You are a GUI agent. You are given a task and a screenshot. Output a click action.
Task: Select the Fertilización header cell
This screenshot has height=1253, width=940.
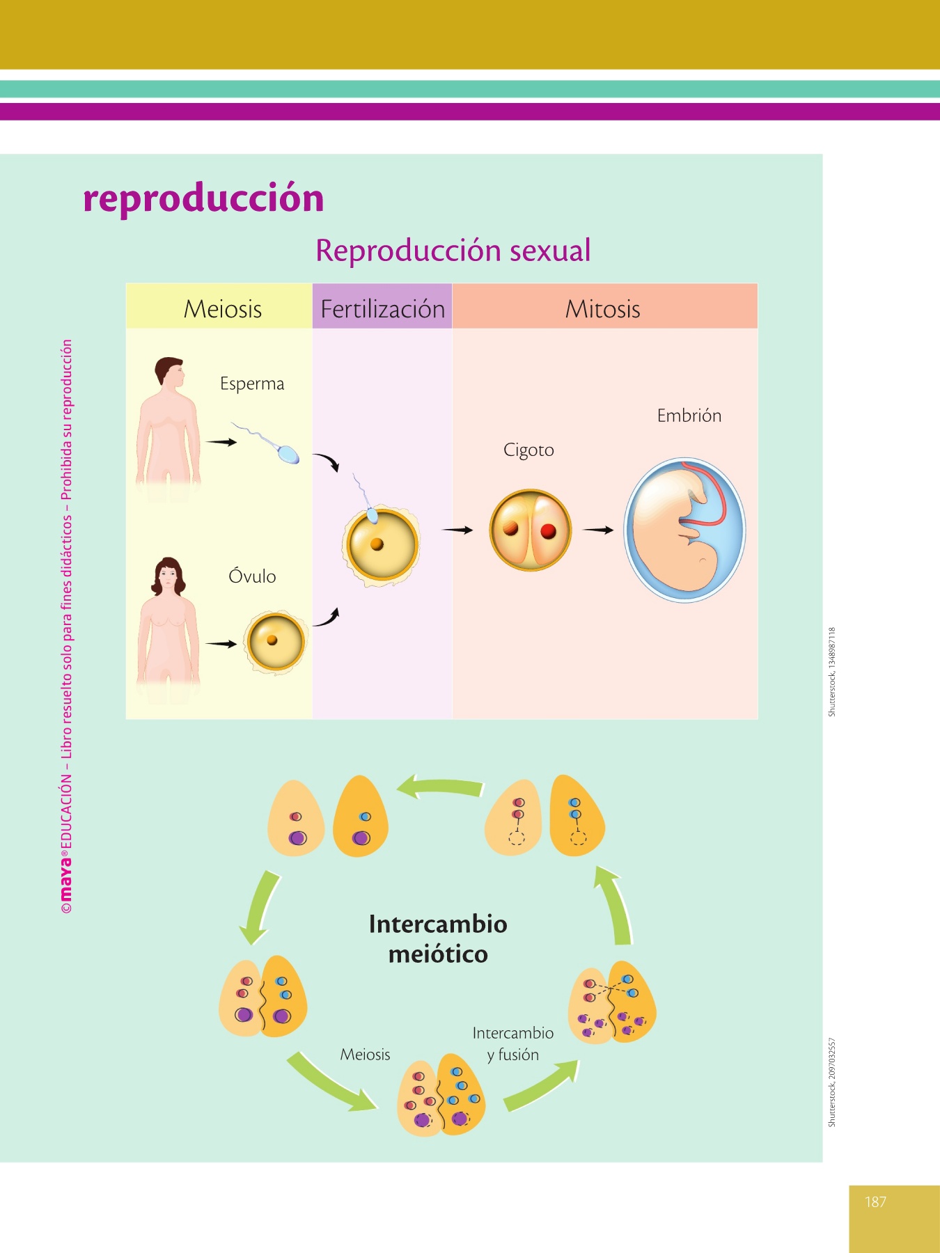pos(382,306)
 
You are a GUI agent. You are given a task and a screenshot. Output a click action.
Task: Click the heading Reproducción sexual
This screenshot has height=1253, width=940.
pos(453,251)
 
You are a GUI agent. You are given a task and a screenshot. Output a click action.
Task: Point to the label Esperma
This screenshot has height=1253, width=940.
pos(252,384)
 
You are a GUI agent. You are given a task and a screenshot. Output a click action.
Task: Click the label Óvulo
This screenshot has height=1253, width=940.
pos(252,576)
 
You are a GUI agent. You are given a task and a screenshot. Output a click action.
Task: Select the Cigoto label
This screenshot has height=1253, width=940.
pos(529,450)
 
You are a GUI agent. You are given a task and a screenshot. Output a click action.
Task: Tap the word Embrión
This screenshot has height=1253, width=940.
pos(689,416)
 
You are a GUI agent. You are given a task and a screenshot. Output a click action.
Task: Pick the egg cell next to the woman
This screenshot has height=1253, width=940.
pos(275,643)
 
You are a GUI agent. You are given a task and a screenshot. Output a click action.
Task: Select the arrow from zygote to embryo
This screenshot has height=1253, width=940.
pos(598,530)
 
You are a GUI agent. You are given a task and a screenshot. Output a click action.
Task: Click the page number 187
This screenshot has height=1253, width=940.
pos(875,1201)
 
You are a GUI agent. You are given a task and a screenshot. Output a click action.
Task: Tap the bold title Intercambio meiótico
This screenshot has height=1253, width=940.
pos(438,938)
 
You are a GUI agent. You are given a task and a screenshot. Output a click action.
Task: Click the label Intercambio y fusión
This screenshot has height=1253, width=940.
pos(513,1043)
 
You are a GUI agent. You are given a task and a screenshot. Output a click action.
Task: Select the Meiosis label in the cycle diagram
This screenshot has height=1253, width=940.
pos(365,1054)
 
